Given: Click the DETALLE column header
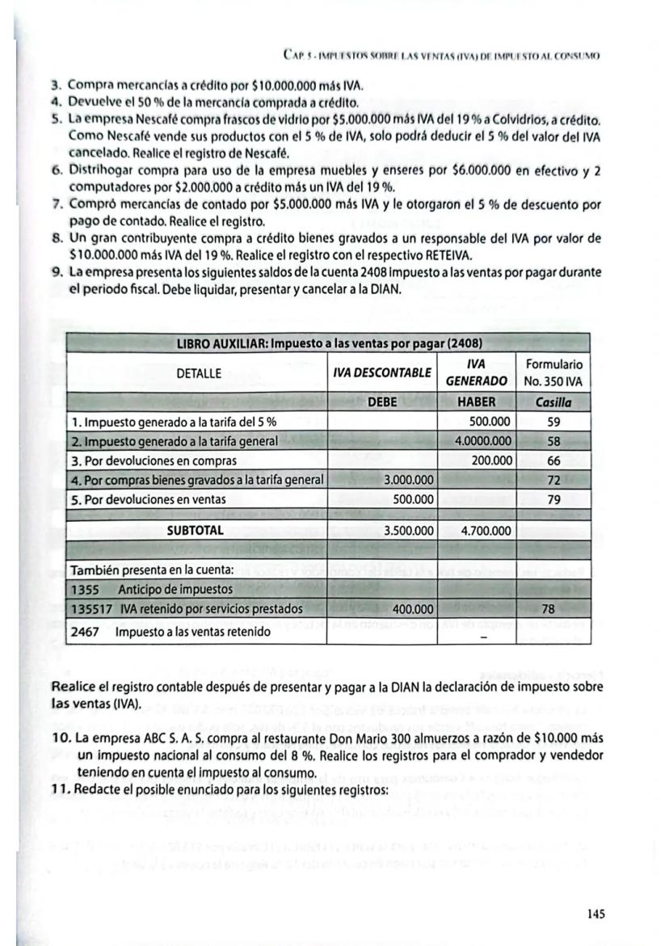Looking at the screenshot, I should tap(198, 373).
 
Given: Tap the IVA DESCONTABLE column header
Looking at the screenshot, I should tap(382, 373).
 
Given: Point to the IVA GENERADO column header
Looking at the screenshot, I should tap(481, 373).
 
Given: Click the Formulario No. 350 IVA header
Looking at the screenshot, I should tap(553, 373).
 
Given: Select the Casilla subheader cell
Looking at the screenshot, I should tap(553, 402).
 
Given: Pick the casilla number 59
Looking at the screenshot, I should tap(553, 421).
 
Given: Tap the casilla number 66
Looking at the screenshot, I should tap(553, 460).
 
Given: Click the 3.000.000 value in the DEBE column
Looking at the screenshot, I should tap(410, 480).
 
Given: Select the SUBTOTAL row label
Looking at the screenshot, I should tap(196, 531).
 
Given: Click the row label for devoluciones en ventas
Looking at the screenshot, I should tap(154, 500).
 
